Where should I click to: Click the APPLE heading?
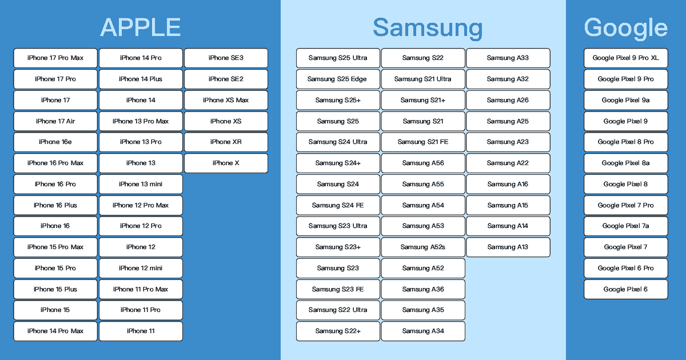pos(141,27)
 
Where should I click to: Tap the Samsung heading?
pos(428,28)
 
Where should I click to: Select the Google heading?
pos(625,28)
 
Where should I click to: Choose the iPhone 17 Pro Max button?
pos(55,58)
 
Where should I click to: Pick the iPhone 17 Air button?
pos(55,121)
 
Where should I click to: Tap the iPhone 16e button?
pos(55,142)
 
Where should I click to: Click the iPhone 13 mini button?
pos(141,184)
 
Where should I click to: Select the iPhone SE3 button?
pos(226,58)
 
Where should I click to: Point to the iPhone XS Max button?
pos(226,100)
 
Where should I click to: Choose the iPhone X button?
pos(226,163)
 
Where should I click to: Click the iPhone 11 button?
pos(141,331)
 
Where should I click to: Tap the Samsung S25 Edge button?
pos(338,79)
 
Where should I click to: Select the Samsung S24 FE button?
pos(338,205)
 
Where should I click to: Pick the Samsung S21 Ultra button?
pos(423,79)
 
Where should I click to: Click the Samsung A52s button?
pos(423,247)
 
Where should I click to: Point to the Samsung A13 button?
pos(508,247)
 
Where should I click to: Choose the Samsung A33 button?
pos(508,58)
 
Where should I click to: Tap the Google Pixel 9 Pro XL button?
pos(625,58)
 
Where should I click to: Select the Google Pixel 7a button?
pos(625,226)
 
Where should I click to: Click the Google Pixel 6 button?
pos(625,289)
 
